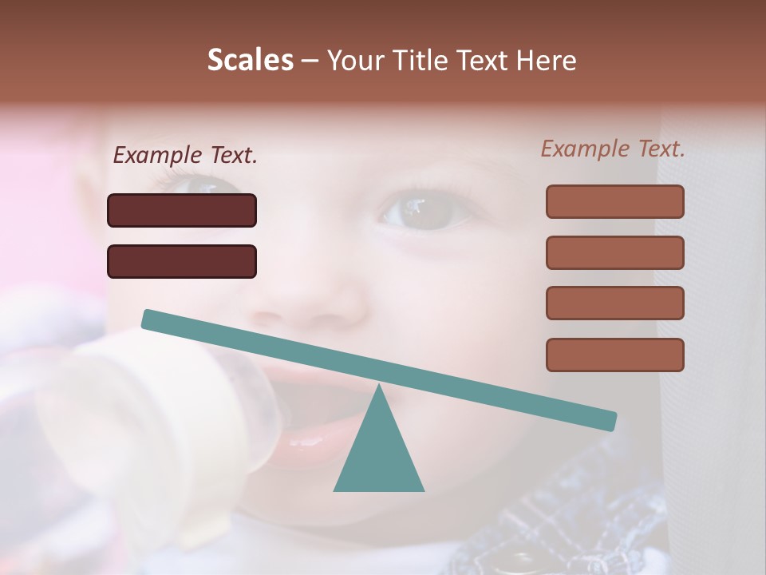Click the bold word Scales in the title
(x=250, y=60)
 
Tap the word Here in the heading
(x=547, y=61)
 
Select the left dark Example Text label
(x=185, y=156)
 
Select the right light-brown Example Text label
(x=613, y=149)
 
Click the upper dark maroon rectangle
(x=182, y=210)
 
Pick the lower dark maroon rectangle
(x=182, y=261)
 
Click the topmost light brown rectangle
(x=614, y=201)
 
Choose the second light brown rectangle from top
(x=614, y=252)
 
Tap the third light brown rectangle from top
(x=614, y=303)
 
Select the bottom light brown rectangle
(x=614, y=355)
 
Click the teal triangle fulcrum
(x=378, y=455)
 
